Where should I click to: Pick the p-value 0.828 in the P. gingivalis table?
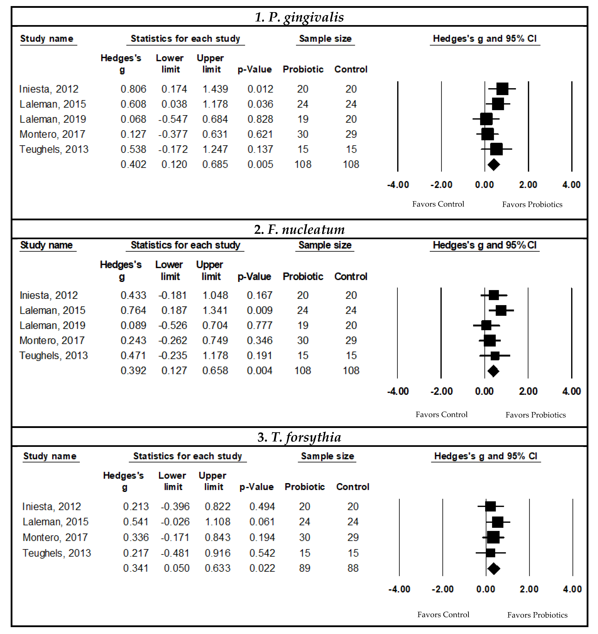click(x=260, y=119)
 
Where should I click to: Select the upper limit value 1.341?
click(x=215, y=310)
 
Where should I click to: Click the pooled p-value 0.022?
click(x=262, y=568)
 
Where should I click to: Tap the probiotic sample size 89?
click(x=305, y=568)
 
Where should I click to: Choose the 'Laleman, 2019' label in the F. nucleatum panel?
click(x=52, y=325)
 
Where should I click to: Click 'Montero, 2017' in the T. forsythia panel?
click(x=55, y=537)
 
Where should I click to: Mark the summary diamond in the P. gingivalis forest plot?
click(x=494, y=165)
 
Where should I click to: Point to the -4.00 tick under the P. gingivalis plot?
click(x=398, y=185)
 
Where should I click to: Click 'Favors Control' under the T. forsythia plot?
click(x=443, y=615)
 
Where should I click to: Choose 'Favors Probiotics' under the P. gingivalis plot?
click(x=532, y=204)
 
